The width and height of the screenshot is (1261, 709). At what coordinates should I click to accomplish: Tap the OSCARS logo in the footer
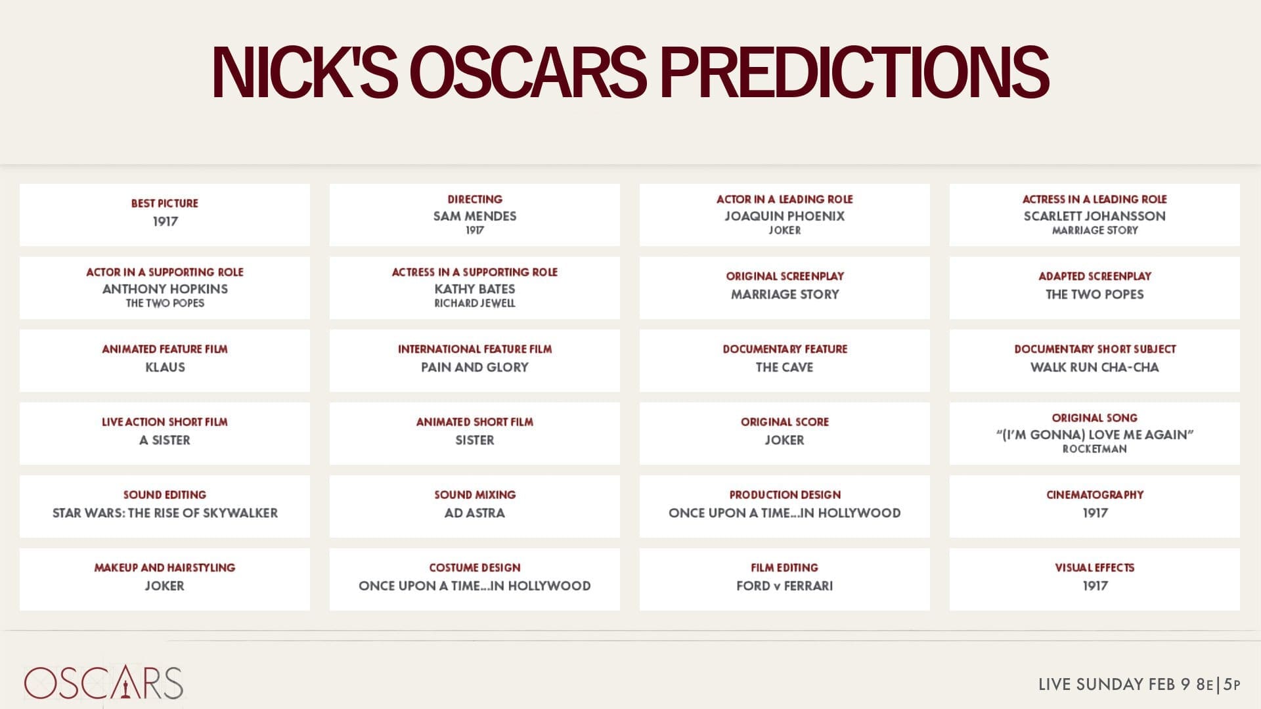[x=103, y=683]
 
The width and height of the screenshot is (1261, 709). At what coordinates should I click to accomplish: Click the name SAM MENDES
[x=474, y=216]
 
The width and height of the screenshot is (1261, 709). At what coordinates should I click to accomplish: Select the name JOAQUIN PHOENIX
[x=784, y=216]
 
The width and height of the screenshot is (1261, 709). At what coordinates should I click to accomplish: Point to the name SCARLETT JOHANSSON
[x=1094, y=216]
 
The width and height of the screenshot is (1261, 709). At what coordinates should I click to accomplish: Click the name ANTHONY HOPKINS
[x=165, y=289]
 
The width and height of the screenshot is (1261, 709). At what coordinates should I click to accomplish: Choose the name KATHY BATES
[x=474, y=289]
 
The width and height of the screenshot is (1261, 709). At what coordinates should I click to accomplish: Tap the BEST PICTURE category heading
[x=164, y=204]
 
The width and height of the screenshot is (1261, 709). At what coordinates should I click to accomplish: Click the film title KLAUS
[x=165, y=367]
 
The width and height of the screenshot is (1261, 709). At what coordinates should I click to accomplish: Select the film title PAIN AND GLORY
[x=474, y=367]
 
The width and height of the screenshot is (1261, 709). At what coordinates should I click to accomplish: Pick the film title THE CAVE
[x=784, y=367]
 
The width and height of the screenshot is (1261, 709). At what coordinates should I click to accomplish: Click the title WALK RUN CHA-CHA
[x=1094, y=367]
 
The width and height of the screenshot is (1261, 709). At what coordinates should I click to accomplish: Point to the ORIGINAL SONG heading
[x=1094, y=418]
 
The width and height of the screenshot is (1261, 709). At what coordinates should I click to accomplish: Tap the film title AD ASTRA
[x=474, y=513]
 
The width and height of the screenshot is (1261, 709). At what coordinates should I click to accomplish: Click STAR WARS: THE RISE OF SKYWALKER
[x=165, y=513]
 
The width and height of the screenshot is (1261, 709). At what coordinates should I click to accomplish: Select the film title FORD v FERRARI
[x=784, y=586]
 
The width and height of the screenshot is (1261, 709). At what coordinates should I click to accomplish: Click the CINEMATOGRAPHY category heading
[x=1094, y=495]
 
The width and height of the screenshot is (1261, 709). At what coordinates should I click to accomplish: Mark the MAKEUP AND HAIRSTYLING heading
[x=164, y=568]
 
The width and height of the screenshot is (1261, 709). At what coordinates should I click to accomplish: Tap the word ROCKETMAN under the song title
[x=1094, y=449]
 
